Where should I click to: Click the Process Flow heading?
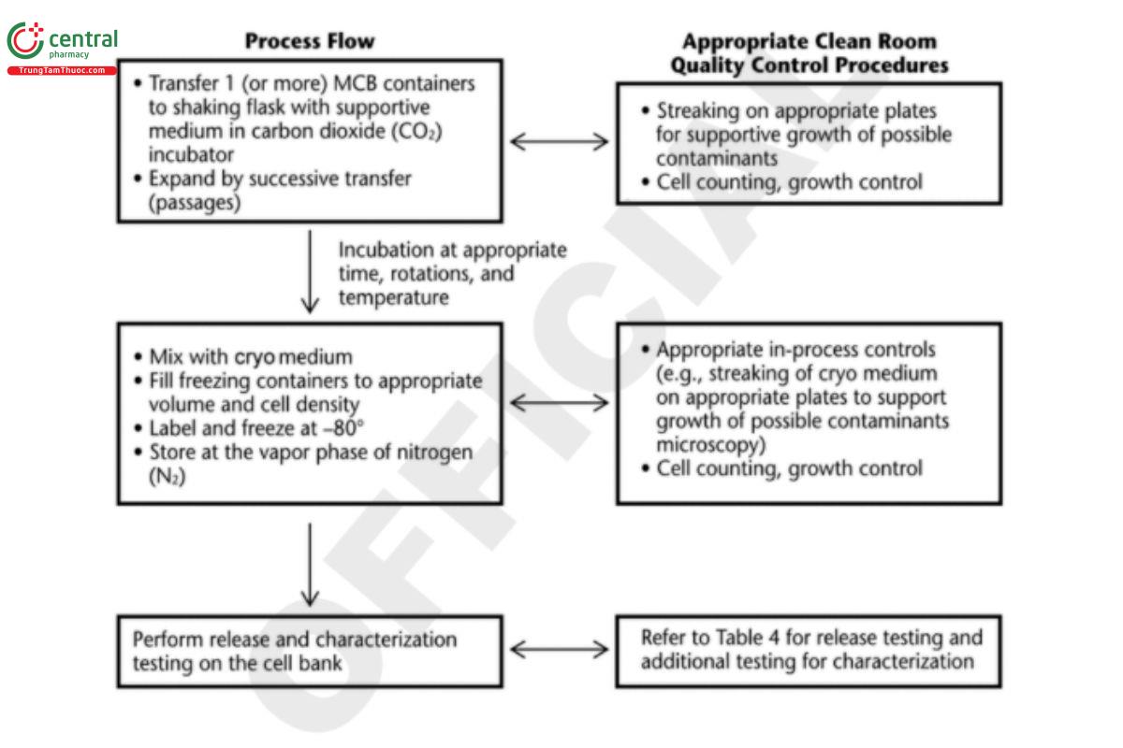pos(310,41)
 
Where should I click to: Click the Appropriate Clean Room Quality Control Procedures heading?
pos(809,53)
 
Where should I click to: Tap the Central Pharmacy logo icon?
pos(25,41)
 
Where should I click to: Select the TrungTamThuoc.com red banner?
pos(62,70)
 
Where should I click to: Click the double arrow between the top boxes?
pos(558,142)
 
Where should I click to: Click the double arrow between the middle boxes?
pos(558,403)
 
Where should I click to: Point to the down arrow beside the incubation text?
pos(310,272)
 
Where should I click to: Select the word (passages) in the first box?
pos(196,200)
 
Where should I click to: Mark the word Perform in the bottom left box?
pos(168,640)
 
